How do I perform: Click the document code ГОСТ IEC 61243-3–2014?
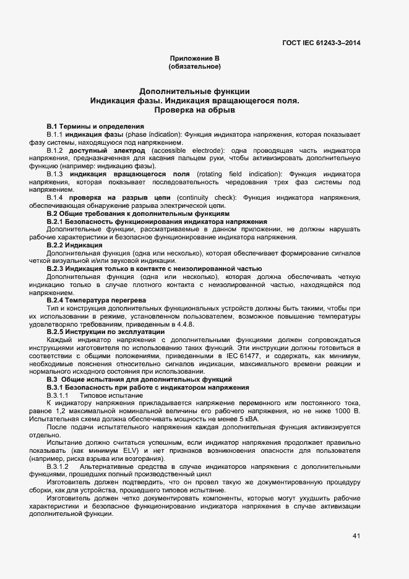click(321, 43)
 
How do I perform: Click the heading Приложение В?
click(195, 58)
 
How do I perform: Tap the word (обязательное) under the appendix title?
click(195, 66)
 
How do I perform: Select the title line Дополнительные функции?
click(195, 91)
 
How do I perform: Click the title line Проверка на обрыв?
click(195, 111)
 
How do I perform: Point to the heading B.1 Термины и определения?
click(95, 126)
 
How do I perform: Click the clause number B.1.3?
click(55, 174)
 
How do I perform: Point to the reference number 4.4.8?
click(186, 324)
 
